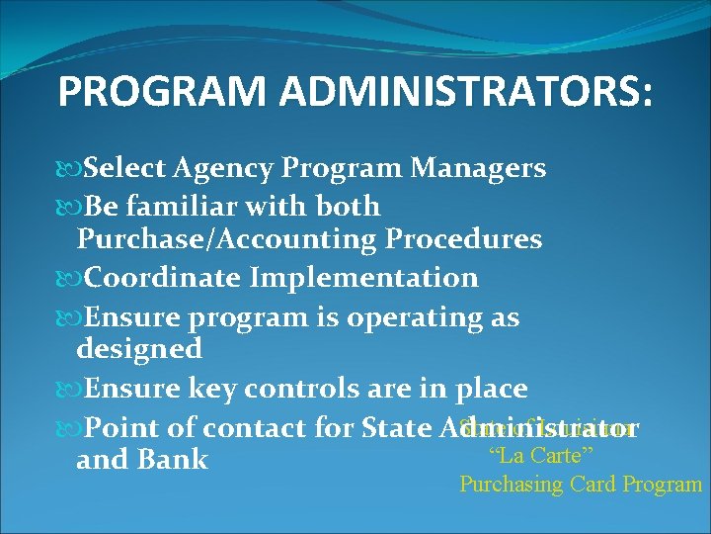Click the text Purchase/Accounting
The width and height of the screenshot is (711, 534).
pos(227,239)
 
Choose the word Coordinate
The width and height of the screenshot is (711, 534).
pos(163,278)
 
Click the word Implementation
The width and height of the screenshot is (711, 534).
pos(364,278)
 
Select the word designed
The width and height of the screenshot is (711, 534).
pos(139,348)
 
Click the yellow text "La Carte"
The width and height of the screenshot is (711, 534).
pos(540,456)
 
